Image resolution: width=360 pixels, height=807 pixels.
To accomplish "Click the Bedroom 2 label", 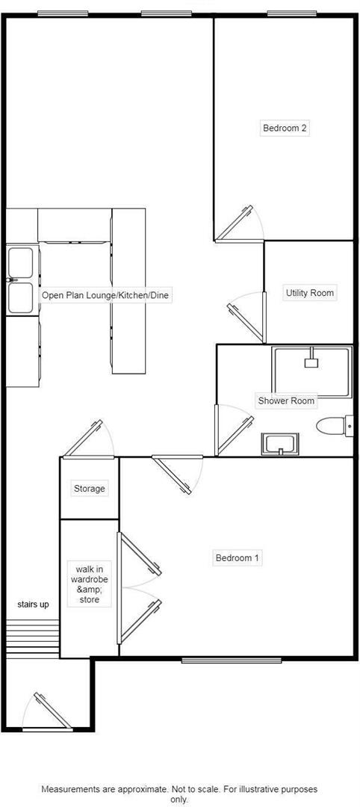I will coord(285,128).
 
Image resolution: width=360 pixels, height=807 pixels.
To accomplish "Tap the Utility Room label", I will coord(309,293).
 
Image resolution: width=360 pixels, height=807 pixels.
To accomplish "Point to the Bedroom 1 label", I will coord(237,557).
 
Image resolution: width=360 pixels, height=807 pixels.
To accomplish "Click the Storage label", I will coord(89,489).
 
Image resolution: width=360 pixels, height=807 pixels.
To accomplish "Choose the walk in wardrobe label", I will coord(89,584).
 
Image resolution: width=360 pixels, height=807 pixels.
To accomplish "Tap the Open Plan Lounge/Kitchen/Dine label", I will coord(105,296).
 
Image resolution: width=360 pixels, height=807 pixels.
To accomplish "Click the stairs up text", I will coord(33,605).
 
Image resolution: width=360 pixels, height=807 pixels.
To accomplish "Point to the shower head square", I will coord(311,362).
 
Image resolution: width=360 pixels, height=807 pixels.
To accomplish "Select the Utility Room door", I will coord(247,314).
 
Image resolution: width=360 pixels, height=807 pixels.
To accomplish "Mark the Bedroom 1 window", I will coord(232,660).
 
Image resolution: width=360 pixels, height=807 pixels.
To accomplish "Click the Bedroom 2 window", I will coord(292,13).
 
